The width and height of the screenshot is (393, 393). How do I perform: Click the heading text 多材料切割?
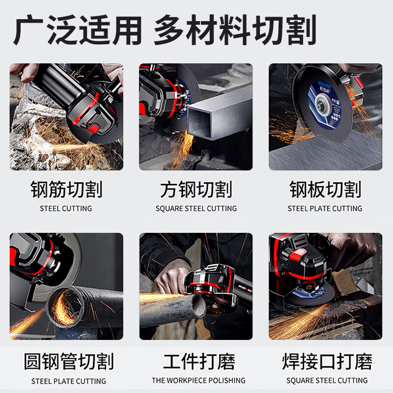click(x=234, y=30)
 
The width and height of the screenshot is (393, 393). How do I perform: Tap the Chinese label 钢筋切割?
click(x=66, y=190)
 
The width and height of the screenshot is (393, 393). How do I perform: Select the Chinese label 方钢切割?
click(x=196, y=190)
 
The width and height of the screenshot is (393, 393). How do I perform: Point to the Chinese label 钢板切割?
click(x=325, y=190)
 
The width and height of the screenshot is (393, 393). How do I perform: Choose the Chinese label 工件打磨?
click(x=198, y=362)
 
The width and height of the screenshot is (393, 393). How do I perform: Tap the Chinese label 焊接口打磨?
click(x=327, y=362)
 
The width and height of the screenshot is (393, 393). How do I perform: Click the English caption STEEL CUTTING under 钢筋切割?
click(x=66, y=209)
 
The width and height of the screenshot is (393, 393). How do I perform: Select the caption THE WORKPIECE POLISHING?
click(x=198, y=380)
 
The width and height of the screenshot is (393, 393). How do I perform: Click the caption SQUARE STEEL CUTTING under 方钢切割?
click(x=196, y=209)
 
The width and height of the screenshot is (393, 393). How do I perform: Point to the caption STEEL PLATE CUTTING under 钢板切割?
click(x=325, y=209)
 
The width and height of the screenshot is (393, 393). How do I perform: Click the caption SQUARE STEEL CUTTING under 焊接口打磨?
click(x=327, y=380)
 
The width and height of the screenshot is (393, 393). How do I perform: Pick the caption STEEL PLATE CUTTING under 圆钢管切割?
click(x=69, y=381)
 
